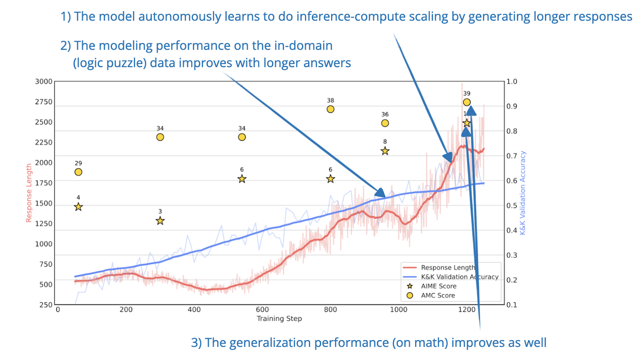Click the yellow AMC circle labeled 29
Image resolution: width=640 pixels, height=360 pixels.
pos(78,172)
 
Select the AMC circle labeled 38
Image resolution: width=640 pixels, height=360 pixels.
pos(330,109)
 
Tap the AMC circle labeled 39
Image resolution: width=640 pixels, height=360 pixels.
pos(467,102)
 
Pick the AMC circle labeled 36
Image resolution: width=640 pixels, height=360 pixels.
pos(385,123)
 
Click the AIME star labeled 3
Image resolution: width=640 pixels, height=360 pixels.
pos(160,221)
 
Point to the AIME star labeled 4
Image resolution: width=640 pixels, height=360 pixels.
pos(78,207)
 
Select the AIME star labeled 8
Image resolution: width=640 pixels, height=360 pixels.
pos(385,151)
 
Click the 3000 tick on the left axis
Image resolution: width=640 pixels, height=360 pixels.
pos(44,82)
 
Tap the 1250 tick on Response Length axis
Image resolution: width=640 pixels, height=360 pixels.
pos(44,224)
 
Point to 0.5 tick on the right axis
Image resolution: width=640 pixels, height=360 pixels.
pos(512,206)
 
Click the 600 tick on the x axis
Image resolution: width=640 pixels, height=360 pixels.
pos(262,310)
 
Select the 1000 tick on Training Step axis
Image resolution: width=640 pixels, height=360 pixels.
pos(399,310)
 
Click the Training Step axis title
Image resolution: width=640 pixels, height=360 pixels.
pos(279,319)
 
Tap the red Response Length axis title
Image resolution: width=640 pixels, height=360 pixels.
pos(29,193)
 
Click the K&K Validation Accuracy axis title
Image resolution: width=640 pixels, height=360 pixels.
pos(523,193)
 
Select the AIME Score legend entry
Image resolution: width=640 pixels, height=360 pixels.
pos(438,286)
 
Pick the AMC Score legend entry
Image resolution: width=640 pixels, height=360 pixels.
pos(438,296)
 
